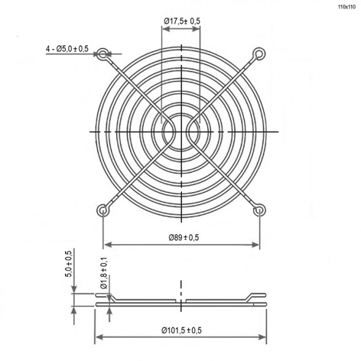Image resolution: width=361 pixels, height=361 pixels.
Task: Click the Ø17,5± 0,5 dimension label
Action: coord(182,21)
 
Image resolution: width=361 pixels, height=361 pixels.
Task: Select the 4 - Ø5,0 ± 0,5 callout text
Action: coord(67,48)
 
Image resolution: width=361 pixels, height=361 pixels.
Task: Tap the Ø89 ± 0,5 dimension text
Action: coord(181,237)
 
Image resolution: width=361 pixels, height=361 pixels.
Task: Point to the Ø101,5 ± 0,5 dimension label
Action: coord(181,330)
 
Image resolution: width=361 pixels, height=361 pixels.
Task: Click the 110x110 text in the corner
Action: coord(346,7)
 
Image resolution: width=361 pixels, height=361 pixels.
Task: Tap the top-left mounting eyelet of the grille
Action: coord(103,54)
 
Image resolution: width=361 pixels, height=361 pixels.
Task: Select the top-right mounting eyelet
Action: coord(259,55)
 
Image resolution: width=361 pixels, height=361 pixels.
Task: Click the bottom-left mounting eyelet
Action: coord(103,211)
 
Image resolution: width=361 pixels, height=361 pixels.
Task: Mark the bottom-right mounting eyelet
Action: coord(259,211)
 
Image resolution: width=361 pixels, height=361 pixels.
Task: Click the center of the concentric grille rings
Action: coord(181,132)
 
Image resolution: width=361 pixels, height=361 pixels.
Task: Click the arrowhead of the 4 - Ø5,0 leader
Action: coord(108,55)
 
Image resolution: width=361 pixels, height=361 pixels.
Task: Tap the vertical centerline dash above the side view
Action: coord(181,286)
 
